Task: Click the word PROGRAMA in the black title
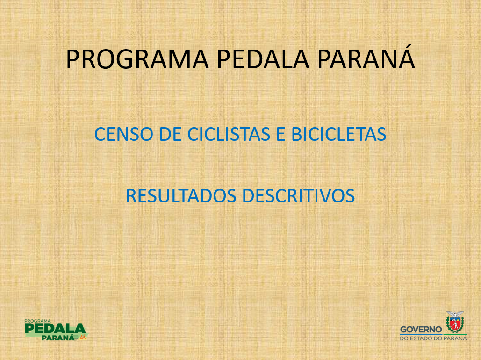137,59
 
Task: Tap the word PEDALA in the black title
263,59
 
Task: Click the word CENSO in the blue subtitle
123,134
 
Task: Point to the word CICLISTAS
229,134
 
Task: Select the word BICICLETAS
338,134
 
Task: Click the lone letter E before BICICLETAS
280,134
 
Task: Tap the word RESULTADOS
181,196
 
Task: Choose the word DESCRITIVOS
299,196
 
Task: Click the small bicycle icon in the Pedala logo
83,338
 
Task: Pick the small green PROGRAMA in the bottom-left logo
37,321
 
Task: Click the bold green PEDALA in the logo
55,328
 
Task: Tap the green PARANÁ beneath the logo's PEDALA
58,338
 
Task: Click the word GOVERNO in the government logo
421,330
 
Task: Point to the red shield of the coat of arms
455,324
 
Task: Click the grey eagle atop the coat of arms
455,315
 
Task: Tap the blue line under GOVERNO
421,335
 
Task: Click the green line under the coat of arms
455,334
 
